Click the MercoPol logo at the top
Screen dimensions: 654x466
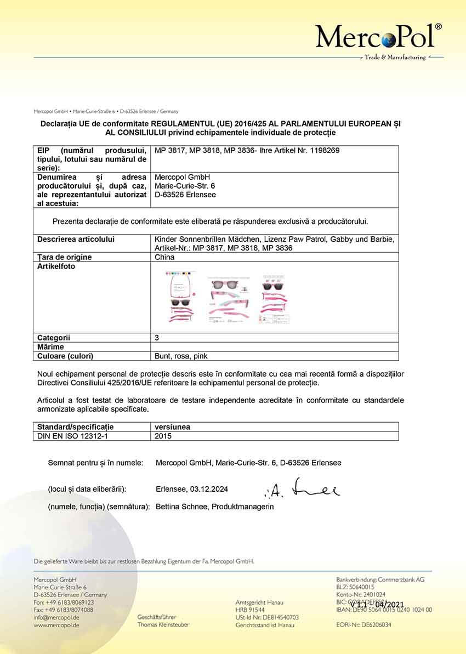coord(378,36)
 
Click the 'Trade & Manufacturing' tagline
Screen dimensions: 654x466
coord(395,58)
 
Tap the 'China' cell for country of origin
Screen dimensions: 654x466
coord(165,257)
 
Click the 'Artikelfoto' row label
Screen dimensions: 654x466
coord(56,266)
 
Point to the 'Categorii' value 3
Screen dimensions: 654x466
coord(158,338)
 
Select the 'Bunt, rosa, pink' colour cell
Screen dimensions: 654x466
coord(181,356)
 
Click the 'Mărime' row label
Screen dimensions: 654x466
coord(50,347)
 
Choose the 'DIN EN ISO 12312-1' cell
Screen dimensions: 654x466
coord(70,436)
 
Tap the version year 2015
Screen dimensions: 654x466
coord(164,436)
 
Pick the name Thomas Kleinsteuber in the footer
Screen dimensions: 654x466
coord(163,625)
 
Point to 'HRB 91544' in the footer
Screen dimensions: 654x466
coord(250,610)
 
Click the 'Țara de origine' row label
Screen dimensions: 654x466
coord(64,257)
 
